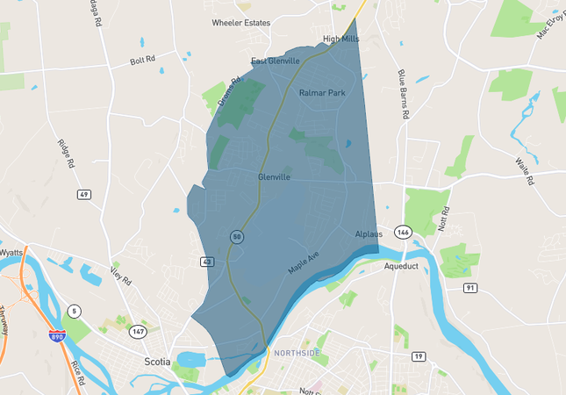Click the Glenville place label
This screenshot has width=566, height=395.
[275, 176]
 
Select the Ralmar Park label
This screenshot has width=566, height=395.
[322, 92]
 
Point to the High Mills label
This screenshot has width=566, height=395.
[341, 39]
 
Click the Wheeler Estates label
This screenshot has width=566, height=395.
[240, 23]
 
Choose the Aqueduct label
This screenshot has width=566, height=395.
[402, 266]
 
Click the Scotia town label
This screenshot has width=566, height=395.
[156, 361]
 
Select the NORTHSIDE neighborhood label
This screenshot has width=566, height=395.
[297, 353]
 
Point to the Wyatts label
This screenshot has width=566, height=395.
[11, 252]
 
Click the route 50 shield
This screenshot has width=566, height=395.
[237, 237]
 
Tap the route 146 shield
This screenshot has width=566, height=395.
[403, 232]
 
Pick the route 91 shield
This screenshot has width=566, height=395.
[471, 287]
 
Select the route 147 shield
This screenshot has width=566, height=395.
[138, 331]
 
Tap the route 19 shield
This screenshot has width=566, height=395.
[419, 355]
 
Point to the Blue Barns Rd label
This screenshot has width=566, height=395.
[405, 94]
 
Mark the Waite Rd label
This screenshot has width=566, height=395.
[526, 171]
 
